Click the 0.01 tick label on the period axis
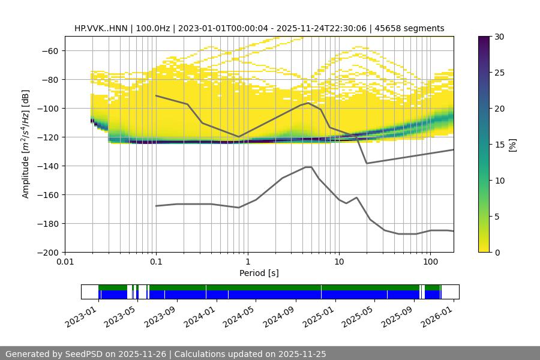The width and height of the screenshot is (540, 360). point(65,262)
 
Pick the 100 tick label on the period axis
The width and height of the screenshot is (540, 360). point(430,262)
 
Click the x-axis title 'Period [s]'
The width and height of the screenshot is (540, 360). point(259,273)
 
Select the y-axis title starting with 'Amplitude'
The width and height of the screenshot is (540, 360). point(26,144)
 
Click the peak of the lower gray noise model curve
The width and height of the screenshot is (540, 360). point(308,167)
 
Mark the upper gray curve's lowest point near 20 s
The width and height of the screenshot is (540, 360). point(367,163)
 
